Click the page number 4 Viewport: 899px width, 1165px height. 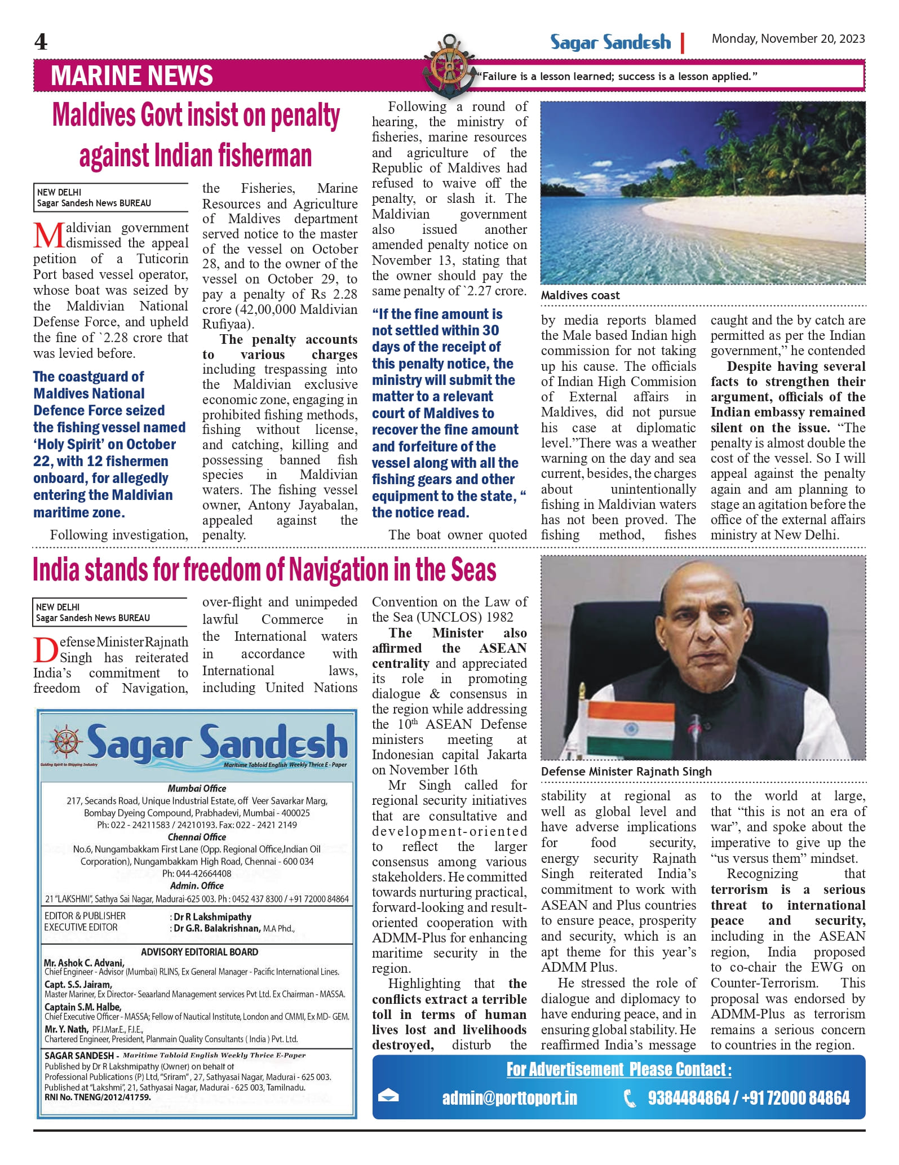pyautogui.click(x=41, y=42)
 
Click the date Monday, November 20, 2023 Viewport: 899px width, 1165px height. pyautogui.click(x=787, y=38)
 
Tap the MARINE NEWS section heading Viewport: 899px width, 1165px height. pyautogui.click(x=132, y=76)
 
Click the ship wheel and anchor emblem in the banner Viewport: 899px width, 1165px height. pyautogui.click(x=449, y=66)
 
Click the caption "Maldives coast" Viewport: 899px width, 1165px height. pyautogui.click(x=580, y=295)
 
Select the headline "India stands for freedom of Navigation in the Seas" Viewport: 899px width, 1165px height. pyautogui.click(x=264, y=570)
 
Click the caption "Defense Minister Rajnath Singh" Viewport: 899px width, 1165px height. pyautogui.click(x=626, y=772)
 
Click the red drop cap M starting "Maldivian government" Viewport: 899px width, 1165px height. pyautogui.click(x=48, y=236)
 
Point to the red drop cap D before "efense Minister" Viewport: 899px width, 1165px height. pyautogui.click(x=45, y=650)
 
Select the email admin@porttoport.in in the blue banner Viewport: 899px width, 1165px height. pyautogui.click(x=510, y=1098)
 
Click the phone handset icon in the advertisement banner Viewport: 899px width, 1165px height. pyautogui.click(x=630, y=1098)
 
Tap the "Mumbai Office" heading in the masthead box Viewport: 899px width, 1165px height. pyautogui.click(x=197, y=789)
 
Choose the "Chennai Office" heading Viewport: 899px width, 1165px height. pyautogui.click(x=197, y=837)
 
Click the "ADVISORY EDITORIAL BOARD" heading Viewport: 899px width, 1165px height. pyautogui.click(x=200, y=952)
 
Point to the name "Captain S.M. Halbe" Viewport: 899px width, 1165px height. pyautogui.click(x=83, y=1007)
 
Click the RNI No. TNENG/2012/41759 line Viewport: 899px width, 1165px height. pyautogui.click(x=98, y=1097)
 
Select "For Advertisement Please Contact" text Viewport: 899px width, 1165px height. pyautogui.click(x=618, y=1069)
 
